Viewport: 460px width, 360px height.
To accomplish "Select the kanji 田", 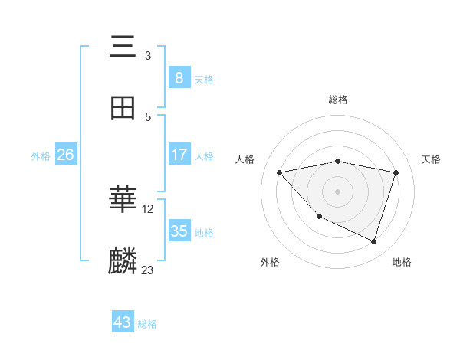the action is click(x=123, y=108).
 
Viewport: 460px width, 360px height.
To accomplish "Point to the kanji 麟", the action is click(x=123, y=261).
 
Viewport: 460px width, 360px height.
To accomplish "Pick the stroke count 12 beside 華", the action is click(x=149, y=208).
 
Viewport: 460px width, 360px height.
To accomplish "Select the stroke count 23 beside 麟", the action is click(x=148, y=270).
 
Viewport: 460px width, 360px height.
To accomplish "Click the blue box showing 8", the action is click(x=179, y=77).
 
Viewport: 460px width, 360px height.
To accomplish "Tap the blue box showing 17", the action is click(x=179, y=155).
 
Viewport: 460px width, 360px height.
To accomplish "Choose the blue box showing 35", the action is click(x=179, y=231).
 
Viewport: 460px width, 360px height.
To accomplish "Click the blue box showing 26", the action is click(x=65, y=155).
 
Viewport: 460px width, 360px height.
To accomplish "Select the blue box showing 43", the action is click(x=123, y=322).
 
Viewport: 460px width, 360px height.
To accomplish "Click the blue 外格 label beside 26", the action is click(x=41, y=155).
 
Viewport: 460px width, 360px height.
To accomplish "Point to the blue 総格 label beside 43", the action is click(x=147, y=324).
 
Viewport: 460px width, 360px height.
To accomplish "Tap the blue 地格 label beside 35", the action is click(x=204, y=232).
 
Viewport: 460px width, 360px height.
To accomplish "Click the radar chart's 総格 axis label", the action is click(x=337, y=100).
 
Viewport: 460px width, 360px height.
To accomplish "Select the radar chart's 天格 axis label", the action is click(x=432, y=159).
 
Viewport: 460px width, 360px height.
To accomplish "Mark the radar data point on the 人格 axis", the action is click(x=280, y=172).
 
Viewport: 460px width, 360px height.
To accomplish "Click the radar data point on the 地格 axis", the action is click(x=373, y=241).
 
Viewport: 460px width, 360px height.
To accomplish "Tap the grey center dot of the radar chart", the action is click(x=337, y=191).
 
